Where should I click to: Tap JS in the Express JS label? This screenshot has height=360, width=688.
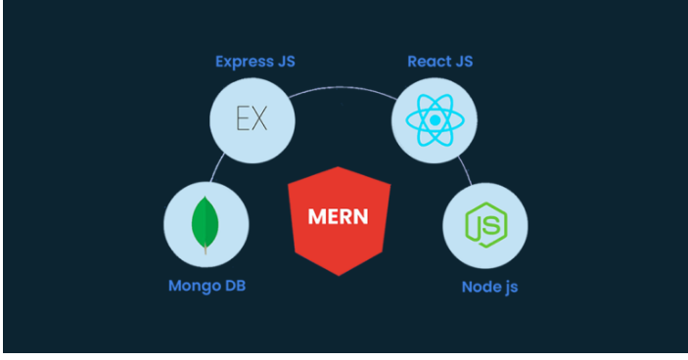click(x=286, y=63)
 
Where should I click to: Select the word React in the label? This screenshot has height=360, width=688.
click(x=428, y=63)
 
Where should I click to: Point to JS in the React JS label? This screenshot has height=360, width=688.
click(x=463, y=63)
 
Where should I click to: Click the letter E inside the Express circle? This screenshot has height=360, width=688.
click(x=244, y=121)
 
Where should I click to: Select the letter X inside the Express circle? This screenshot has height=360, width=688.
click(x=260, y=121)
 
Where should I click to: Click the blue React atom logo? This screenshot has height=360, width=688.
click(x=434, y=121)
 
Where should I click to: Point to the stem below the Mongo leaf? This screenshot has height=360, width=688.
click(x=206, y=250)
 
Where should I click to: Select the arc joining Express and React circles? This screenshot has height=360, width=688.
click(x=343, y=90)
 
